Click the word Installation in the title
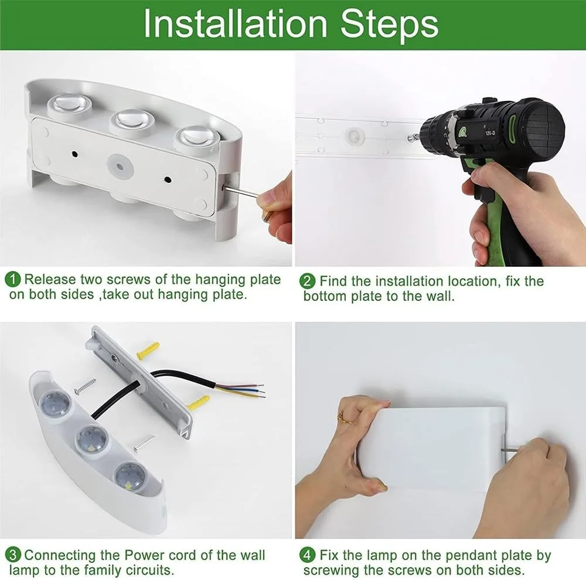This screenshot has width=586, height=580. [x=236, y=24]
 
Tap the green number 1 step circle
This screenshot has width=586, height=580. [x=13, y=279]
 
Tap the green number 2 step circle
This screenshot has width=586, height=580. [x=307, y=281]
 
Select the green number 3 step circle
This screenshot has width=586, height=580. [x=13, y=555]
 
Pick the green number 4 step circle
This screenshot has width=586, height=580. [x=307, y=555]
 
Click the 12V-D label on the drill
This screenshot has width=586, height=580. [x=490, y=133]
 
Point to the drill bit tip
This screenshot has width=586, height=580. [x=409, y=138]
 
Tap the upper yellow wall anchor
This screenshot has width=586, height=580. [x=148, y=351]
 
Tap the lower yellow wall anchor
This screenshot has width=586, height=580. [x=199, y=403]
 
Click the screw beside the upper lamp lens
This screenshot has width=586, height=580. [x=85, y=386]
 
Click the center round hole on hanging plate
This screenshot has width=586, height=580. [x=120, y=167]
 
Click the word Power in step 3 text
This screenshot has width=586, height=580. [x=144, y=555]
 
